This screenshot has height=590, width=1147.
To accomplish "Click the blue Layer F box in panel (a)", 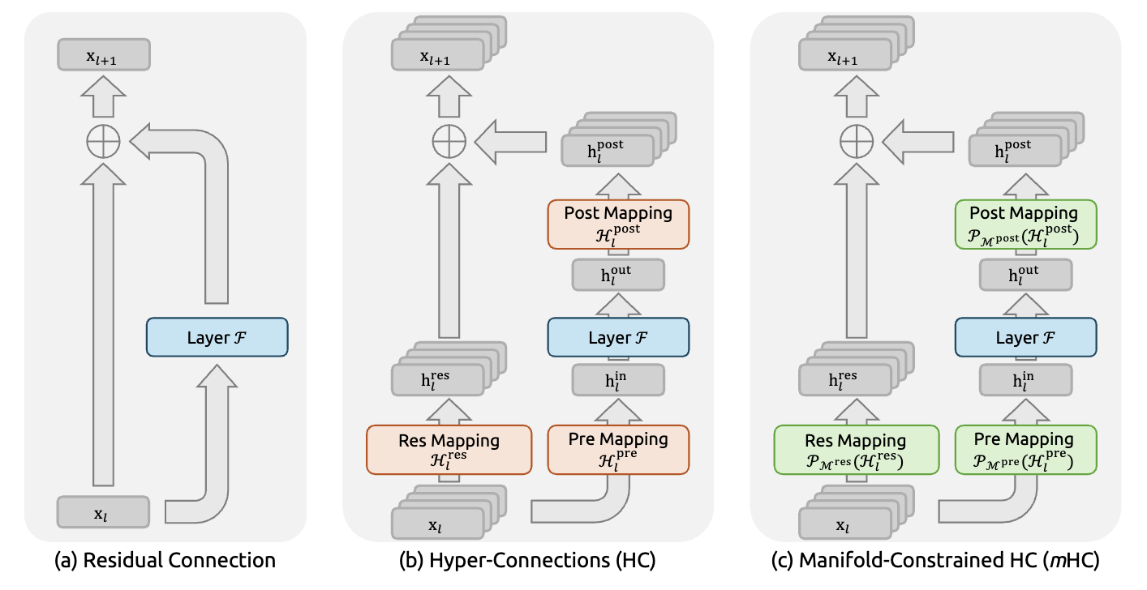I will pyautogui.click(x=217, y=337).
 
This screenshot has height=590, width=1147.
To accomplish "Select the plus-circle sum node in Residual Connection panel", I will pyautogui.click(x=103, y=143).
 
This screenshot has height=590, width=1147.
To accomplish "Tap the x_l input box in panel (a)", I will pyautogui.click(x=103, y=513).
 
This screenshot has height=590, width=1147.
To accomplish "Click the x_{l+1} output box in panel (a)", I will pyautogui.click(x=103, y=57).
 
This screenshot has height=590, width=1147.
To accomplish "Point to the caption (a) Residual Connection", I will pyautogui.click(x=165, y=560).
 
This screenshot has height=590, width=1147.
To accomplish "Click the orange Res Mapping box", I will pyautogui.click(x=449, y=450).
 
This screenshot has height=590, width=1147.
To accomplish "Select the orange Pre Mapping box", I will pyautogui.click(x=618, y=450).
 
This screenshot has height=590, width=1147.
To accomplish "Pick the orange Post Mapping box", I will pyautogui.click(x=618, y=224).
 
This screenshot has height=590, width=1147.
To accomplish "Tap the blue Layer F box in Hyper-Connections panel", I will pyautogui.click(x=618, y=337).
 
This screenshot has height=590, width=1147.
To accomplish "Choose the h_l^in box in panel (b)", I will pyautogui.click(x=618, y=378).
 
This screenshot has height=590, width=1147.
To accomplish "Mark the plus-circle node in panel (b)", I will pyautogui.click(x=449, y=143).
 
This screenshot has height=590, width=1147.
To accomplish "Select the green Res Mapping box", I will pyautogui.click(x=857, y=450).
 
